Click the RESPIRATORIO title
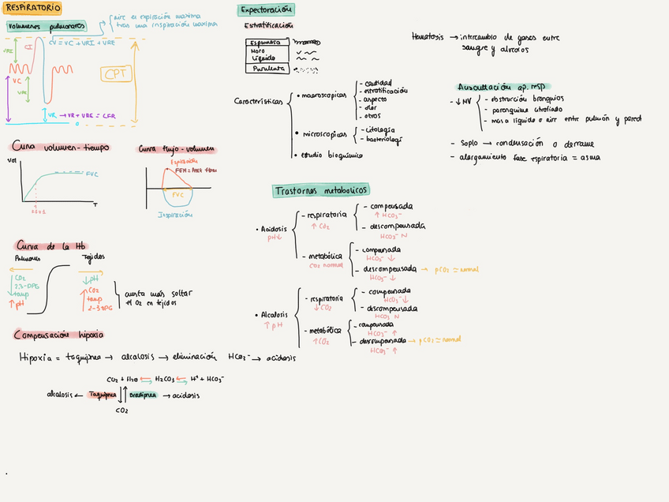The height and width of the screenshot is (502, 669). coord(34,8)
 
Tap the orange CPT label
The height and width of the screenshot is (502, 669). coord(117,74)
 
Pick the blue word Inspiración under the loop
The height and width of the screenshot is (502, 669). coord(175,214)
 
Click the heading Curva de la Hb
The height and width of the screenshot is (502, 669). coord(50,245)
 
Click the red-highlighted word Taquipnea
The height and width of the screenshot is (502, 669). coord(102,394)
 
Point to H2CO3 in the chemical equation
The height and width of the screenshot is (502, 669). coord(166,379)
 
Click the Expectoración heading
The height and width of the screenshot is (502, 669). coord(267,9)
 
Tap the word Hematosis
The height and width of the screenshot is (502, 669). coord(428,36)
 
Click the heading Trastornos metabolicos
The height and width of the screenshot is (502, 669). coord(321,190)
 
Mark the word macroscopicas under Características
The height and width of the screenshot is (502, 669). coord(324,95)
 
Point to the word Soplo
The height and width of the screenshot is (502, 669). coord(470,144)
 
